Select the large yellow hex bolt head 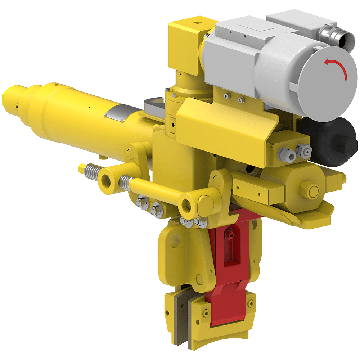309,190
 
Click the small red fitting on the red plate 228,234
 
